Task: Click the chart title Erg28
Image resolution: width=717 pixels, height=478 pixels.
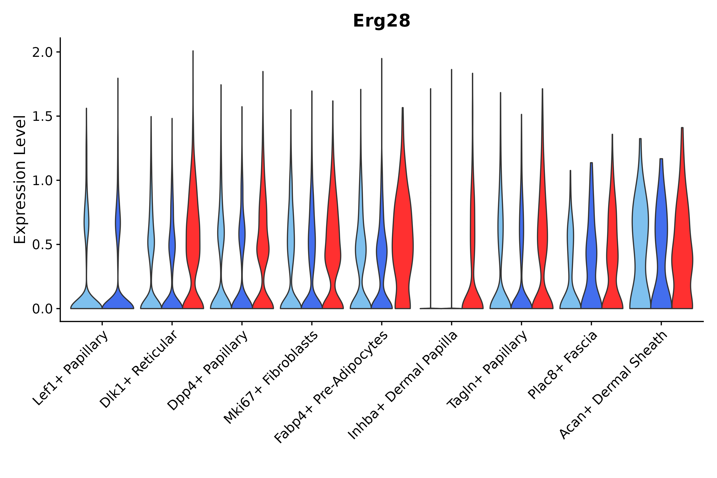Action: pyautogui.click(x=381, y=21)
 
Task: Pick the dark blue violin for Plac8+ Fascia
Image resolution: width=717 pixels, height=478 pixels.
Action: pyautogui.click(x=591, y=259)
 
